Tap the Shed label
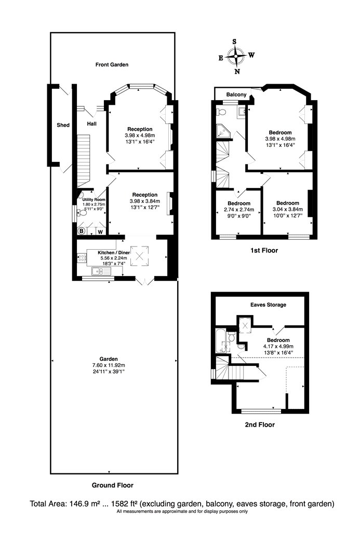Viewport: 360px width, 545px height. point(63,125)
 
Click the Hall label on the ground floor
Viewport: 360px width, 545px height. point(92,124)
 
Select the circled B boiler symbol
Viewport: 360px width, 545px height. point(82,231)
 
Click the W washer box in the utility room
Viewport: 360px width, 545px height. point(100,231)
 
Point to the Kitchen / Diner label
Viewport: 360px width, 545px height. point(114,253)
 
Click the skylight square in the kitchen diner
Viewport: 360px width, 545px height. point(139,256)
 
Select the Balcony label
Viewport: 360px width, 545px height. point(236,94)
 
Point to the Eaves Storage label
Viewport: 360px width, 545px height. point(268,305)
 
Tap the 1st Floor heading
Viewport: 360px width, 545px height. point(264,250)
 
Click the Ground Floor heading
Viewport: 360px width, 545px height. point(112,485)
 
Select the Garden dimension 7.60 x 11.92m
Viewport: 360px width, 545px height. point(109,365)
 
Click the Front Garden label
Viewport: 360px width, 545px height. point(112,65)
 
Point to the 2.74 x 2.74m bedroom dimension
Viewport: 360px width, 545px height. point(239,210)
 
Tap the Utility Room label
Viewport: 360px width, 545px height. point(94,200)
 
